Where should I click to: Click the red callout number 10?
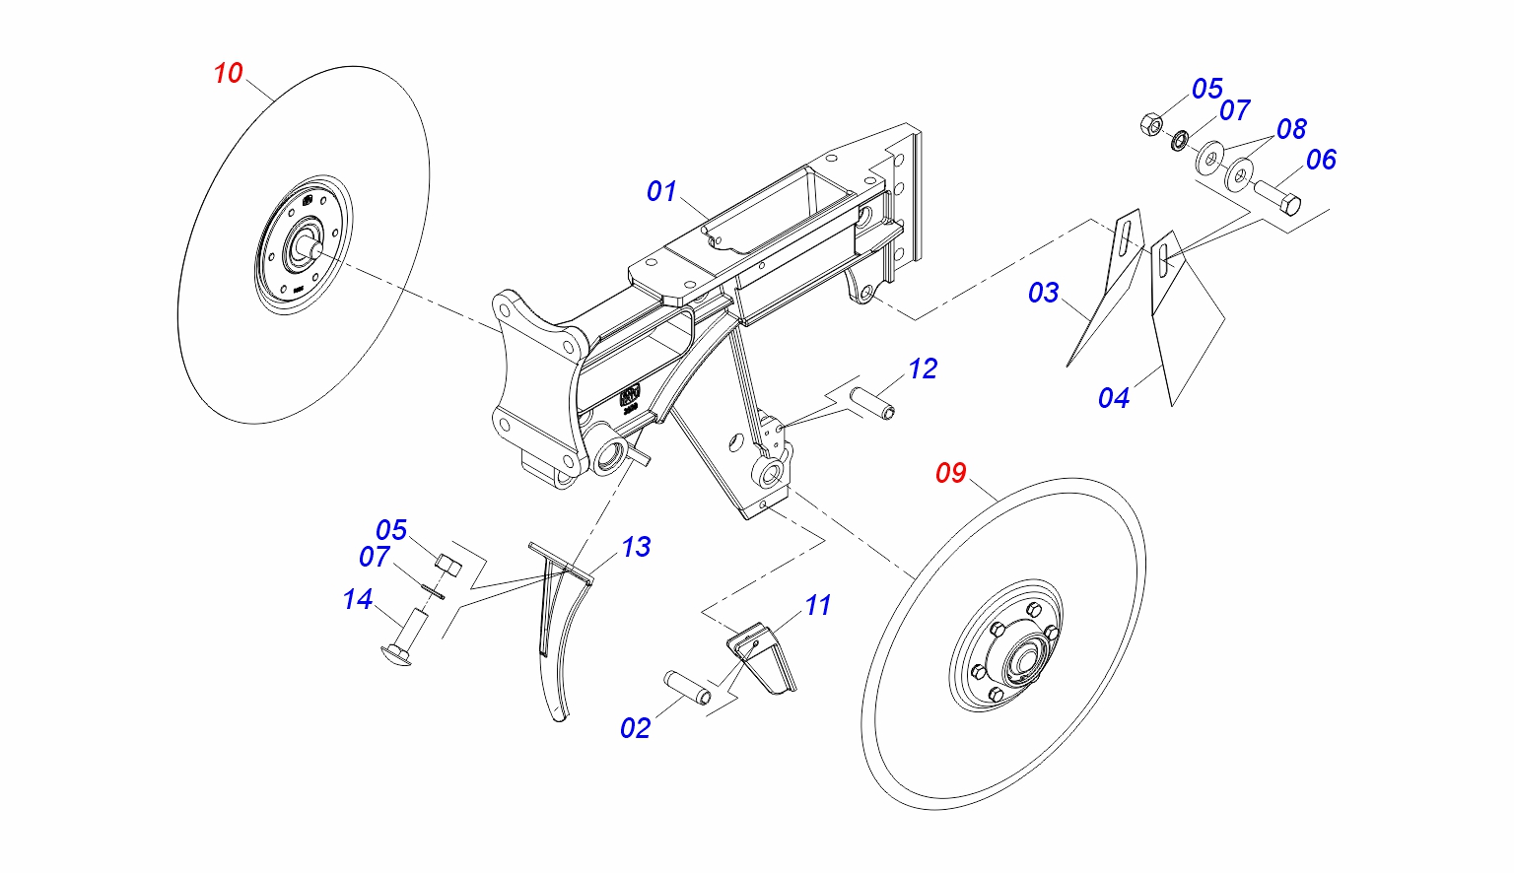pos(228,73)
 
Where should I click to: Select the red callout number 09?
pos(951,473)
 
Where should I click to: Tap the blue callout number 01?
pos(661,191)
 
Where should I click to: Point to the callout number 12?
pos(923,369)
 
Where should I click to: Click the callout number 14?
pos(358,599)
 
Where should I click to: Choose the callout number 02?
pos(636,728)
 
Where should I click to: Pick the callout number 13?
pos(636,547)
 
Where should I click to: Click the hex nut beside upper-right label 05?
pos(1150,124)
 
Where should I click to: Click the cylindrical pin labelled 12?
pos(872,402)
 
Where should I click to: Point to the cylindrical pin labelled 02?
pos(687,687)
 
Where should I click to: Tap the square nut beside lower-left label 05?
pos(448,565)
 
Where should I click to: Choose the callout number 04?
pos(1114,398)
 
